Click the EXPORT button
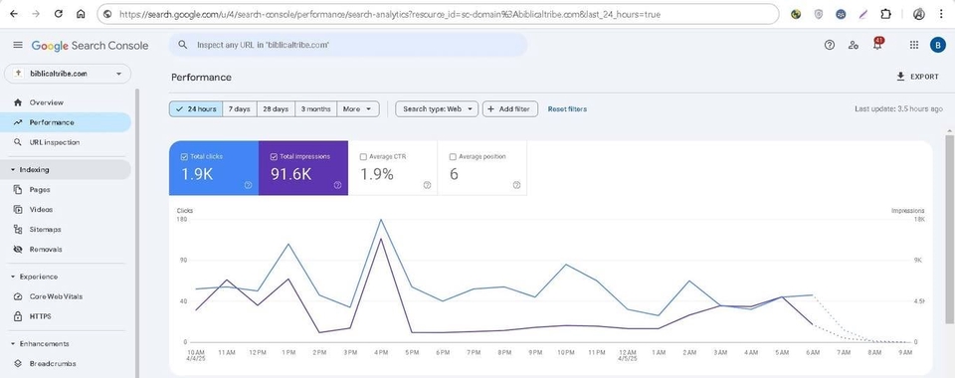tap(917, 77)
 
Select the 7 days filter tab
tap(239, 109)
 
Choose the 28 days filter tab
tap(275, 109)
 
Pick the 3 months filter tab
tap(315, 109)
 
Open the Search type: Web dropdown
tap(436, 109)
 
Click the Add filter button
tap(510, 109)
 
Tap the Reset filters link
tap(567, 109)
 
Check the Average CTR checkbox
tap(364, 156)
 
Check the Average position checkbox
tap(454, 156)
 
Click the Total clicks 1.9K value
tap(198, 175)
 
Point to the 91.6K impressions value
tap(290, 175)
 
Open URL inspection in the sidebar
tap(54, 142)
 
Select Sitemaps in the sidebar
tap(46, 230)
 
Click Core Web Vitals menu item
tap(55, 296)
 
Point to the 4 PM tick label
tap(381, 352)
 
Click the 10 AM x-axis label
tap(195, 352)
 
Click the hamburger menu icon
tap(18, 46)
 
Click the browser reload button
tap(59, 15)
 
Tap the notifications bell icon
tap(877, 46)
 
